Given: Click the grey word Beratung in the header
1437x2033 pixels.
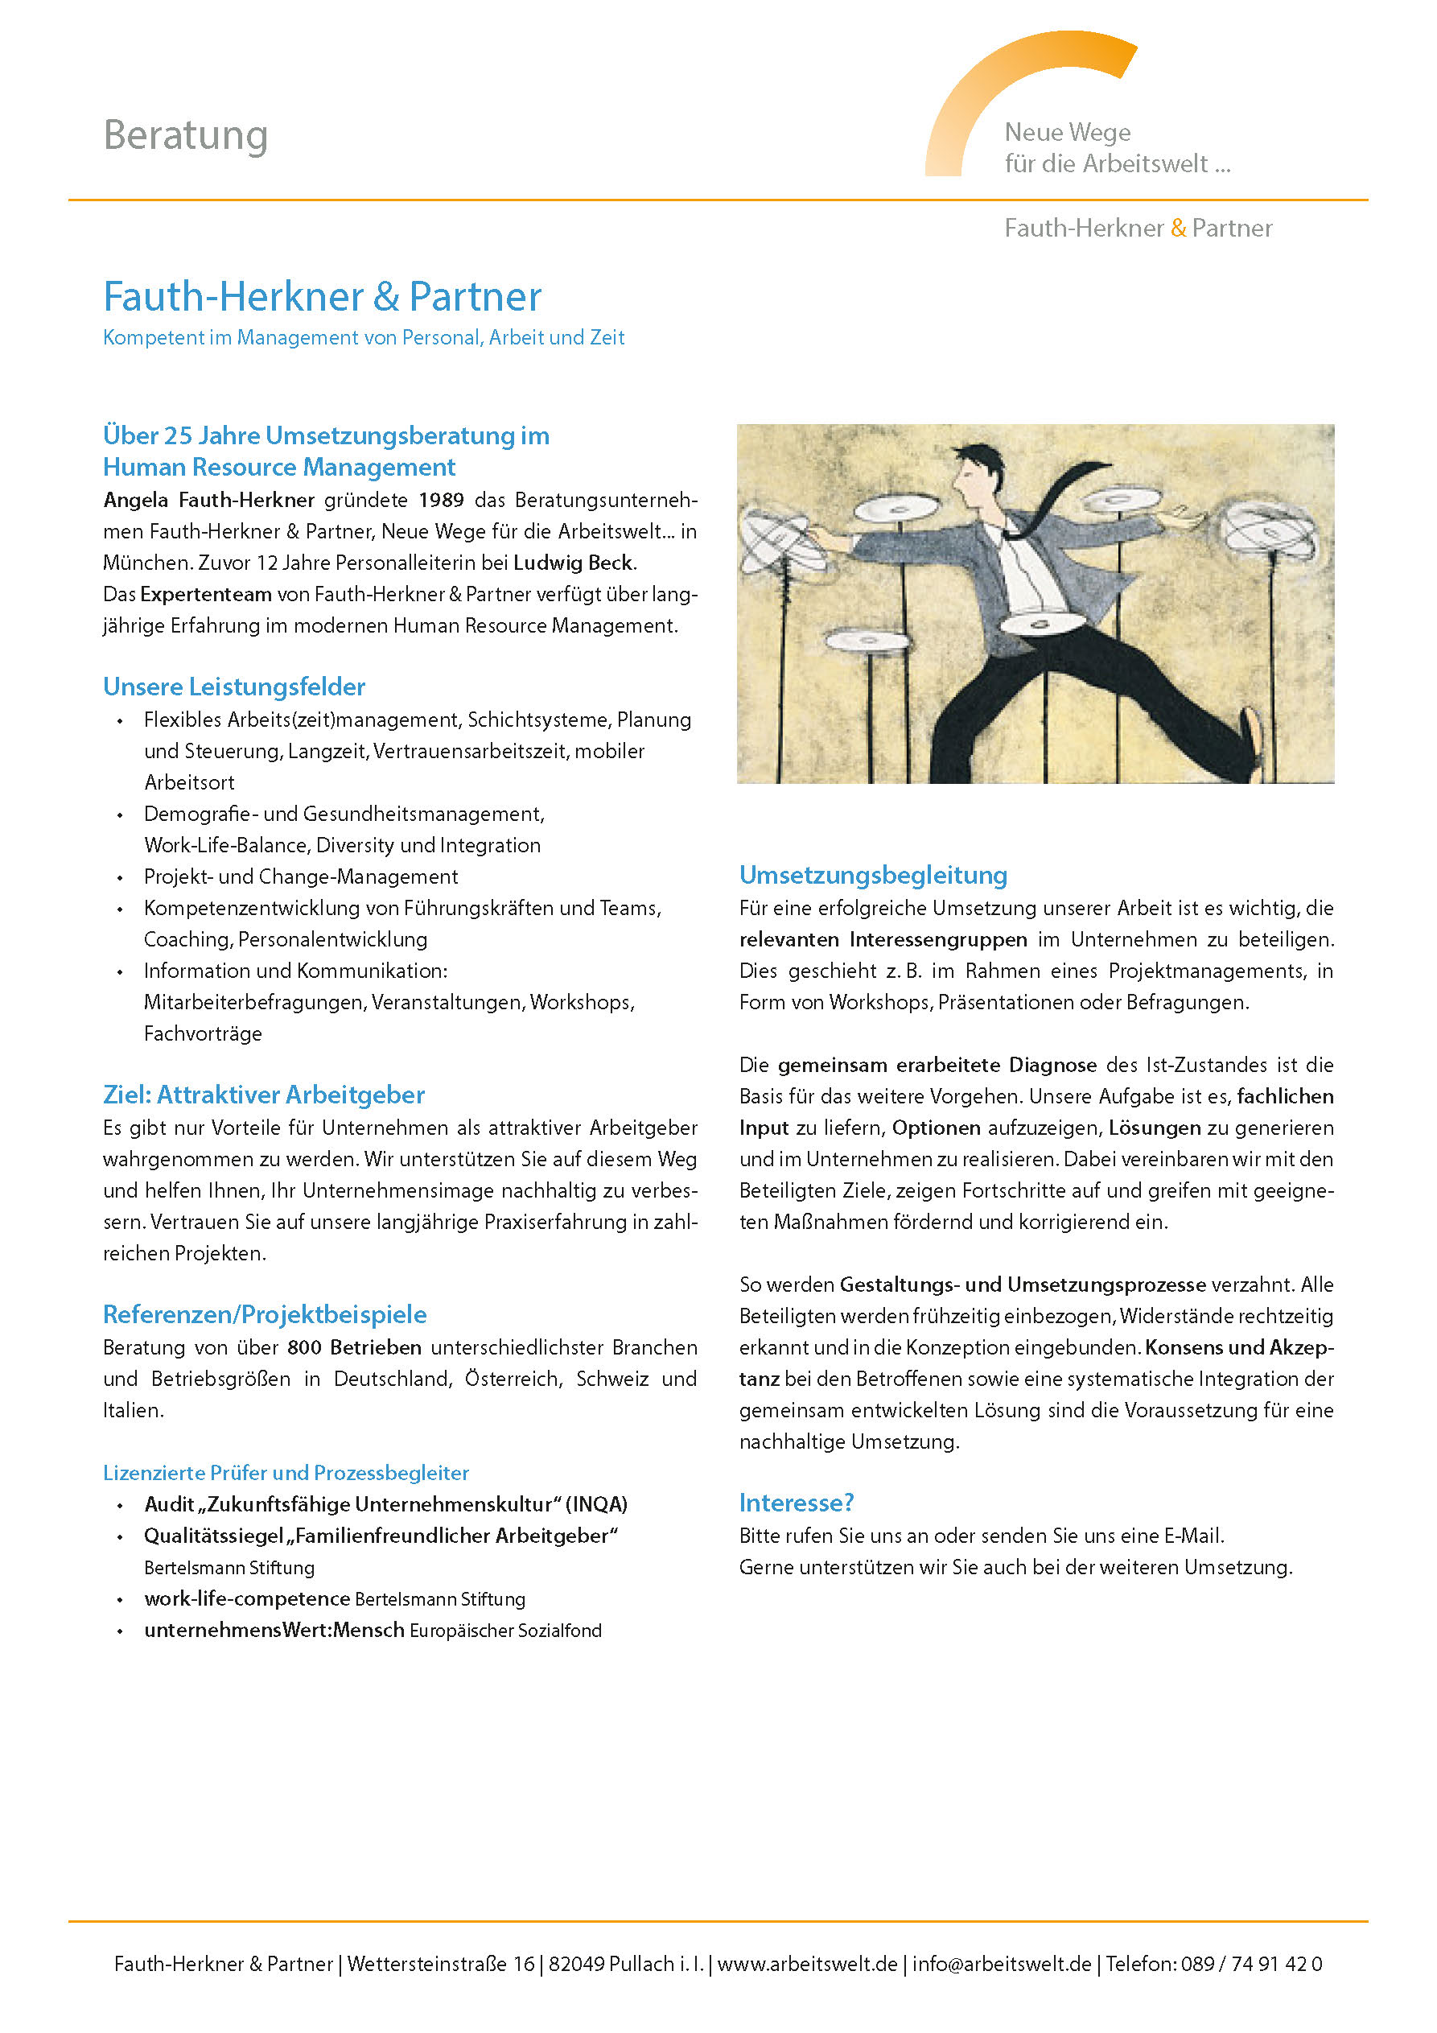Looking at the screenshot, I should pos(185,135).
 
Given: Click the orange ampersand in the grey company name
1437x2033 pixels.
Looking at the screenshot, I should pos(1178,229).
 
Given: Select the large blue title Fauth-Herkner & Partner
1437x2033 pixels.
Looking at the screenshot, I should pos(323,297).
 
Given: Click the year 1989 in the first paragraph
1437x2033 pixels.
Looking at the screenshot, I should pos(441,501).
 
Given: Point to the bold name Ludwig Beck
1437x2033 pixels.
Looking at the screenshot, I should pos(574,563).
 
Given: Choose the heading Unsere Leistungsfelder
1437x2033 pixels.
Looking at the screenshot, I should pos(234,687).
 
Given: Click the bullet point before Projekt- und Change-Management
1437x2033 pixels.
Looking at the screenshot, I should pos(121,878).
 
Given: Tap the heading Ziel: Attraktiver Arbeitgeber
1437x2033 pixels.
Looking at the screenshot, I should pos(264,1095).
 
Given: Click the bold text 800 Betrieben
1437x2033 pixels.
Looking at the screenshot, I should pos(354,1347).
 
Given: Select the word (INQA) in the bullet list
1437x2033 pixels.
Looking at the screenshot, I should pos(597,1504).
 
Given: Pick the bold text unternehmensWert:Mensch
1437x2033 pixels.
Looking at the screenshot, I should pos(274,1630).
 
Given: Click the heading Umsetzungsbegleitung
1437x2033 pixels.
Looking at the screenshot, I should pos(873,876).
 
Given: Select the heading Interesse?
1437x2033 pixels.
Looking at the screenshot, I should pos(796,1503).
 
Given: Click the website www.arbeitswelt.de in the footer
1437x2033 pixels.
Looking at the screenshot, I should pos(808,1964).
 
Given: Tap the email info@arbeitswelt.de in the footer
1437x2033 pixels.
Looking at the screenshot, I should pos(1002,1964).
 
